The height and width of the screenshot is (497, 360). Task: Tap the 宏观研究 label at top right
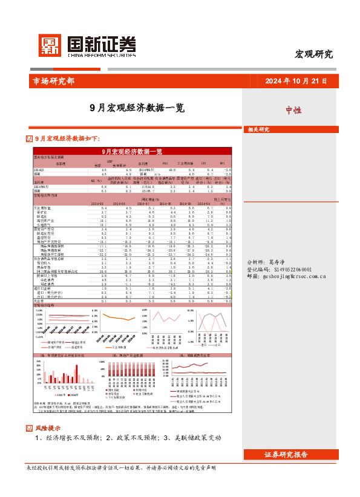(313, 54)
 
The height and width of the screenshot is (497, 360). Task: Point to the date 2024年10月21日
(296, 81)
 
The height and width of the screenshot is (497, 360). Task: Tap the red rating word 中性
(293, 110)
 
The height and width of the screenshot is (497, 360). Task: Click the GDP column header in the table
(110, 161)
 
